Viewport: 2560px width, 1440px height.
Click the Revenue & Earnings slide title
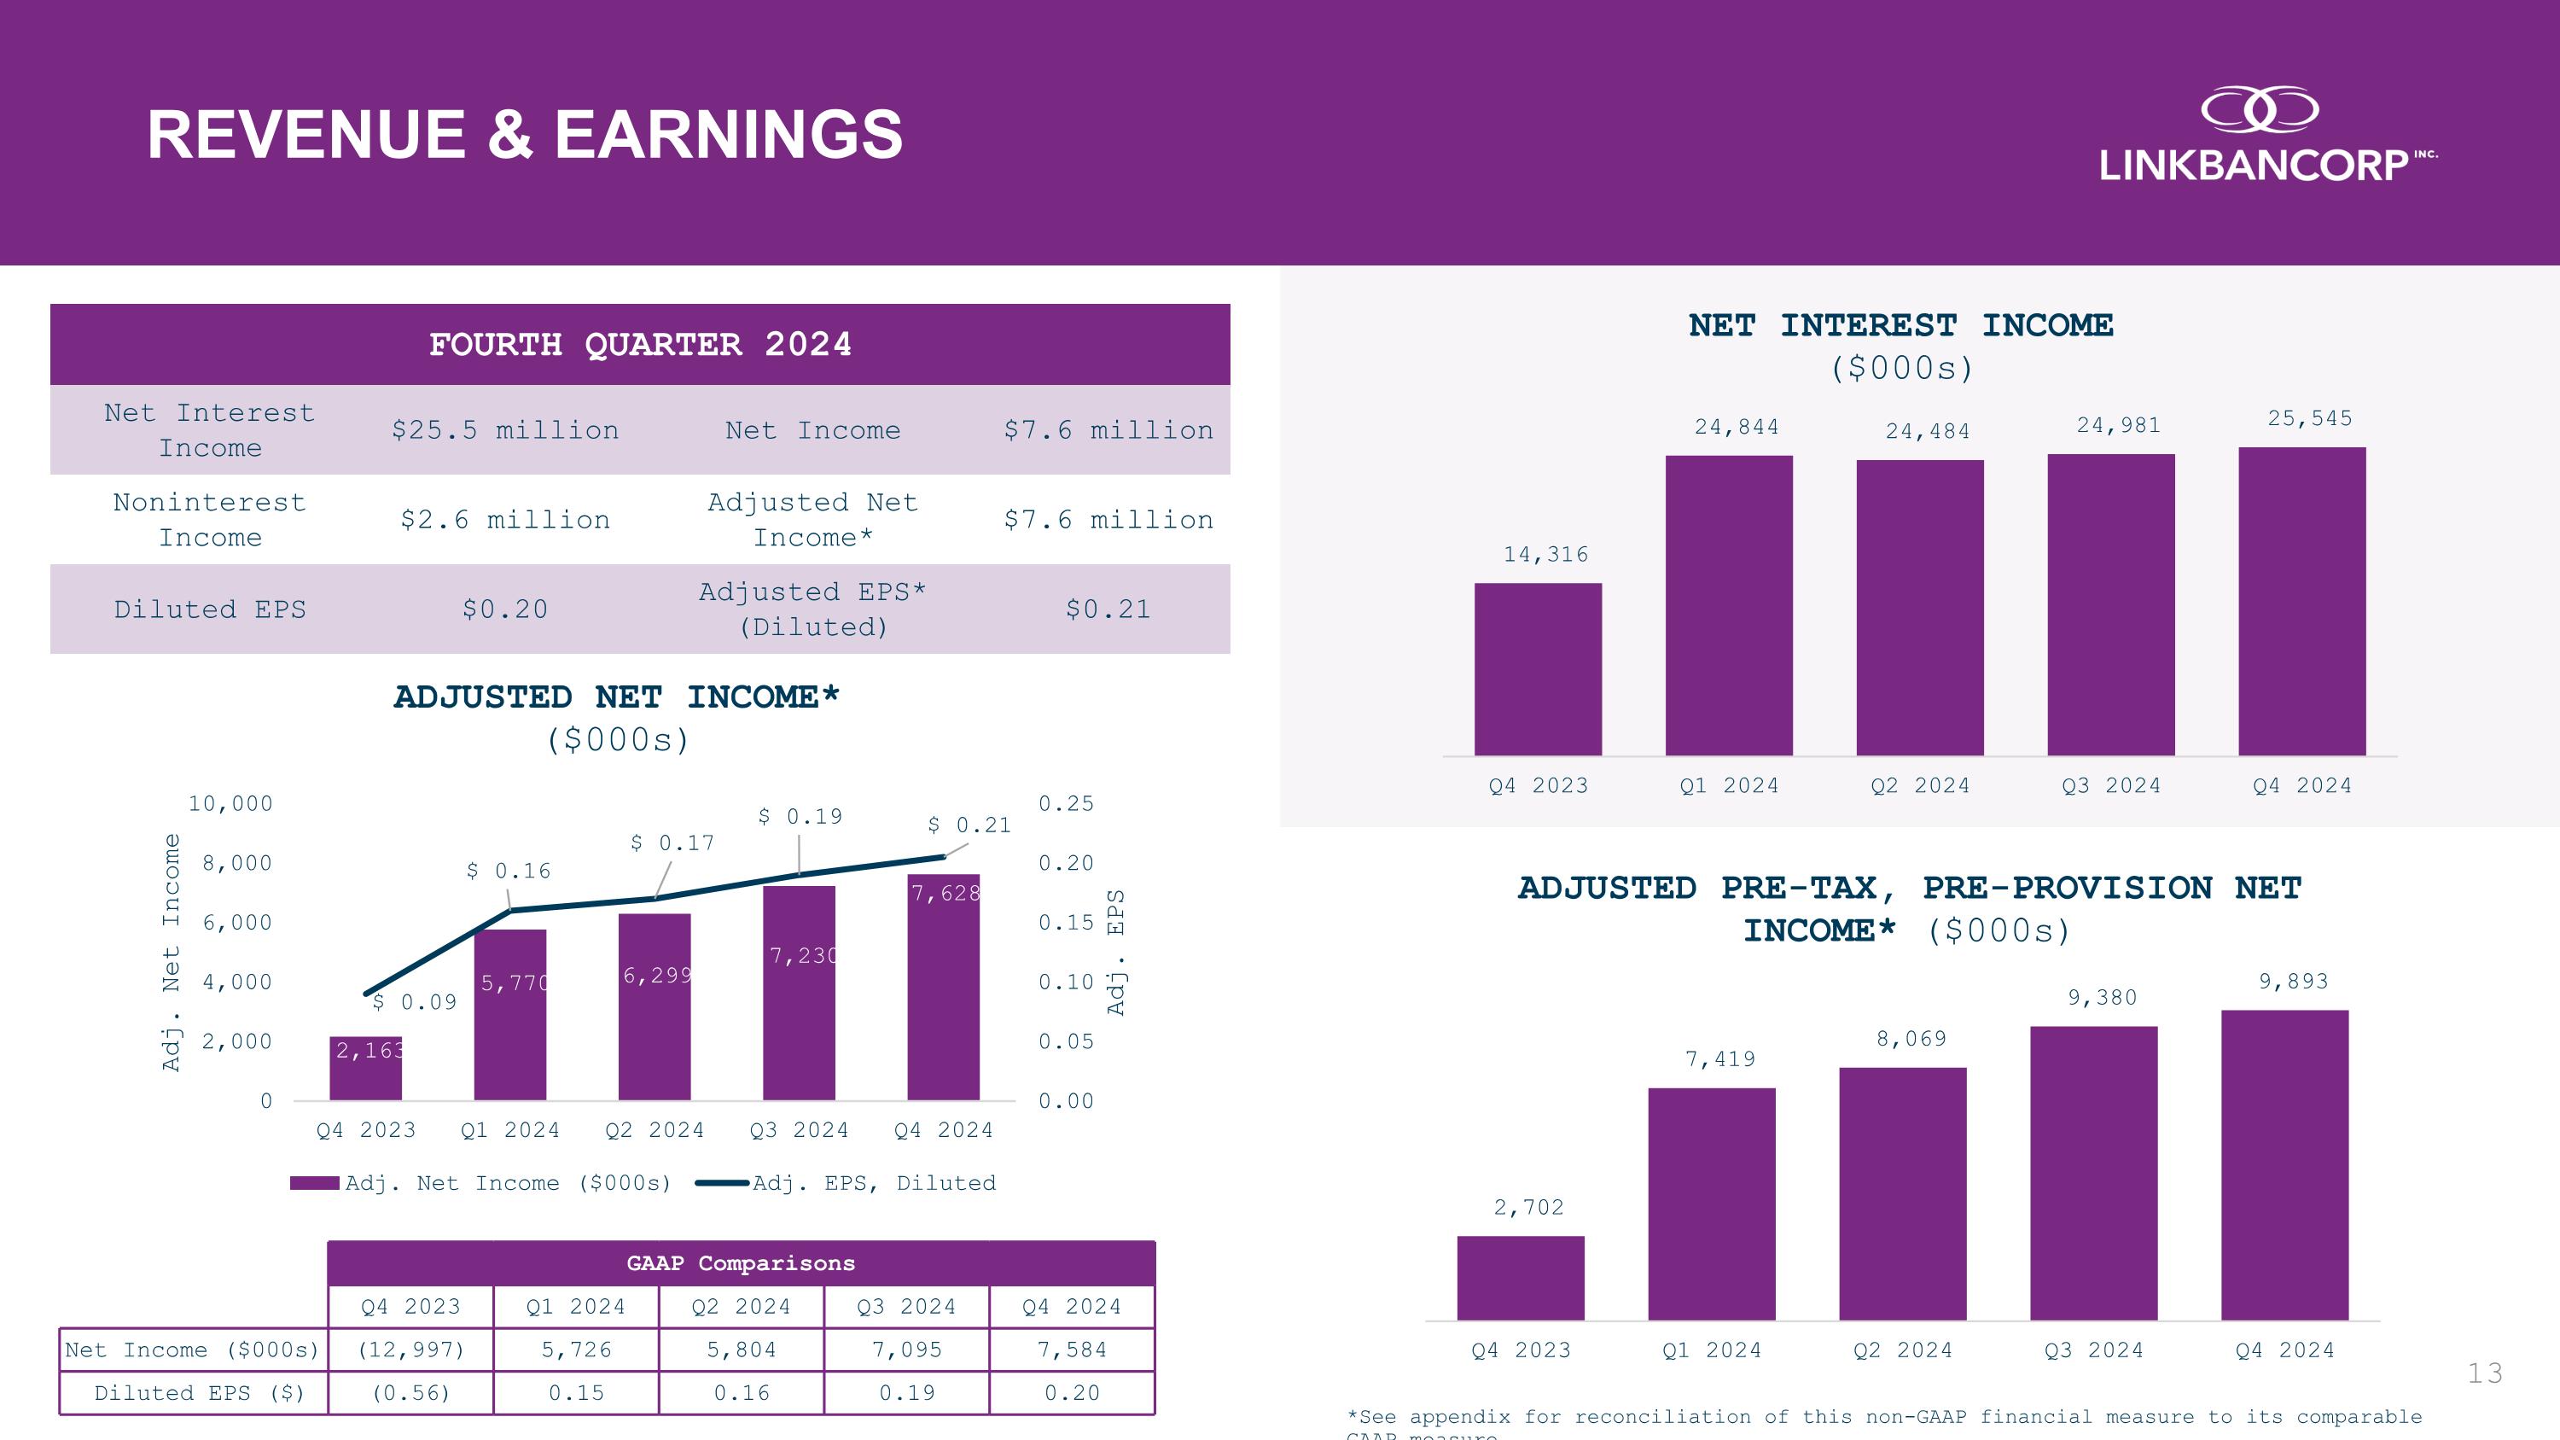tap(525, 135)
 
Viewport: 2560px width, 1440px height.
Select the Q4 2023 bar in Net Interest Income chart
tap(1538, 669)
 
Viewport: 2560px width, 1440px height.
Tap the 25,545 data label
tap(2310, 418)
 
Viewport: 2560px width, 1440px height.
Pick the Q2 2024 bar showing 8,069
tap(1902, 1193)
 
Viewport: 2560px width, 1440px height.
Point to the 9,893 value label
tap(2293, 982)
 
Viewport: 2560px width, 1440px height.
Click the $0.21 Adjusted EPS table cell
tap(1107, 609)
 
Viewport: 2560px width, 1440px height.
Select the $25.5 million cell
tap(505, 430)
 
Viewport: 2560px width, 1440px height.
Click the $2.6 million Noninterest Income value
tap(505, 520)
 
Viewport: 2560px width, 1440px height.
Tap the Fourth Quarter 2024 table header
tap(640, 345)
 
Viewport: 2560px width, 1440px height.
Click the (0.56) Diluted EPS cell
tap(410, 1393)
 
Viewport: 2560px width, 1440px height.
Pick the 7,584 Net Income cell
tap(1071, 1350)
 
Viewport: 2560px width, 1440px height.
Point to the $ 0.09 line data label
tap(416, 1002)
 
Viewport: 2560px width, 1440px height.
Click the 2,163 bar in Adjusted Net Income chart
tap(366, 1069)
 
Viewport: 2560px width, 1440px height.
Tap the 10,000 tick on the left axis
tap(230, 803)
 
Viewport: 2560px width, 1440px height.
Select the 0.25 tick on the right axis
tap(1065, 803)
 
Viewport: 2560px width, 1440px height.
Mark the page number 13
tap(2484, 1373)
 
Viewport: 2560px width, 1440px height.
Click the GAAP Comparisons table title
tap(741, 1263)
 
